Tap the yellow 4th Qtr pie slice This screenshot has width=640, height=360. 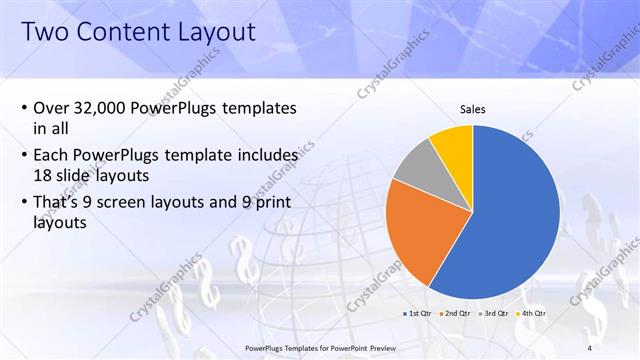(x=452, y=142)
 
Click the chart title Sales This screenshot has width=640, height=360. (x=473, y=109)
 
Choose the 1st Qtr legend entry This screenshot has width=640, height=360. (x=418, y=314)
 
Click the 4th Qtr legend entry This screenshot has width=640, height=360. (x=531, y=314)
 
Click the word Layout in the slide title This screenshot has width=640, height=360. (x=211, y=31)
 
